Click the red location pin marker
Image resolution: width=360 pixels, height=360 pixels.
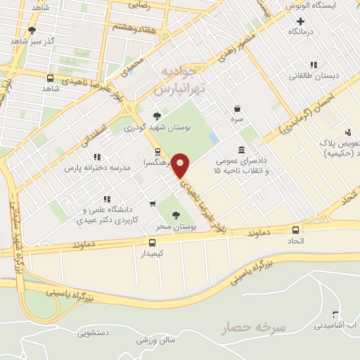coord(181,165)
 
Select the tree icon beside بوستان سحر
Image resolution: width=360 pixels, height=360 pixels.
coord(176,215)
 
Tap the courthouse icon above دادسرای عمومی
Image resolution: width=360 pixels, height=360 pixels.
coord(242,150)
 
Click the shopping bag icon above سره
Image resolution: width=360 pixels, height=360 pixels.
coord(238,108)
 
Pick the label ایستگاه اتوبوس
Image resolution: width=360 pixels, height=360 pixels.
coord(310,6)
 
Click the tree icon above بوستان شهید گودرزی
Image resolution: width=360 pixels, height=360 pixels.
coord(156,116)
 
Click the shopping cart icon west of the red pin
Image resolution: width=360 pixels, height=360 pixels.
coord(153,204)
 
